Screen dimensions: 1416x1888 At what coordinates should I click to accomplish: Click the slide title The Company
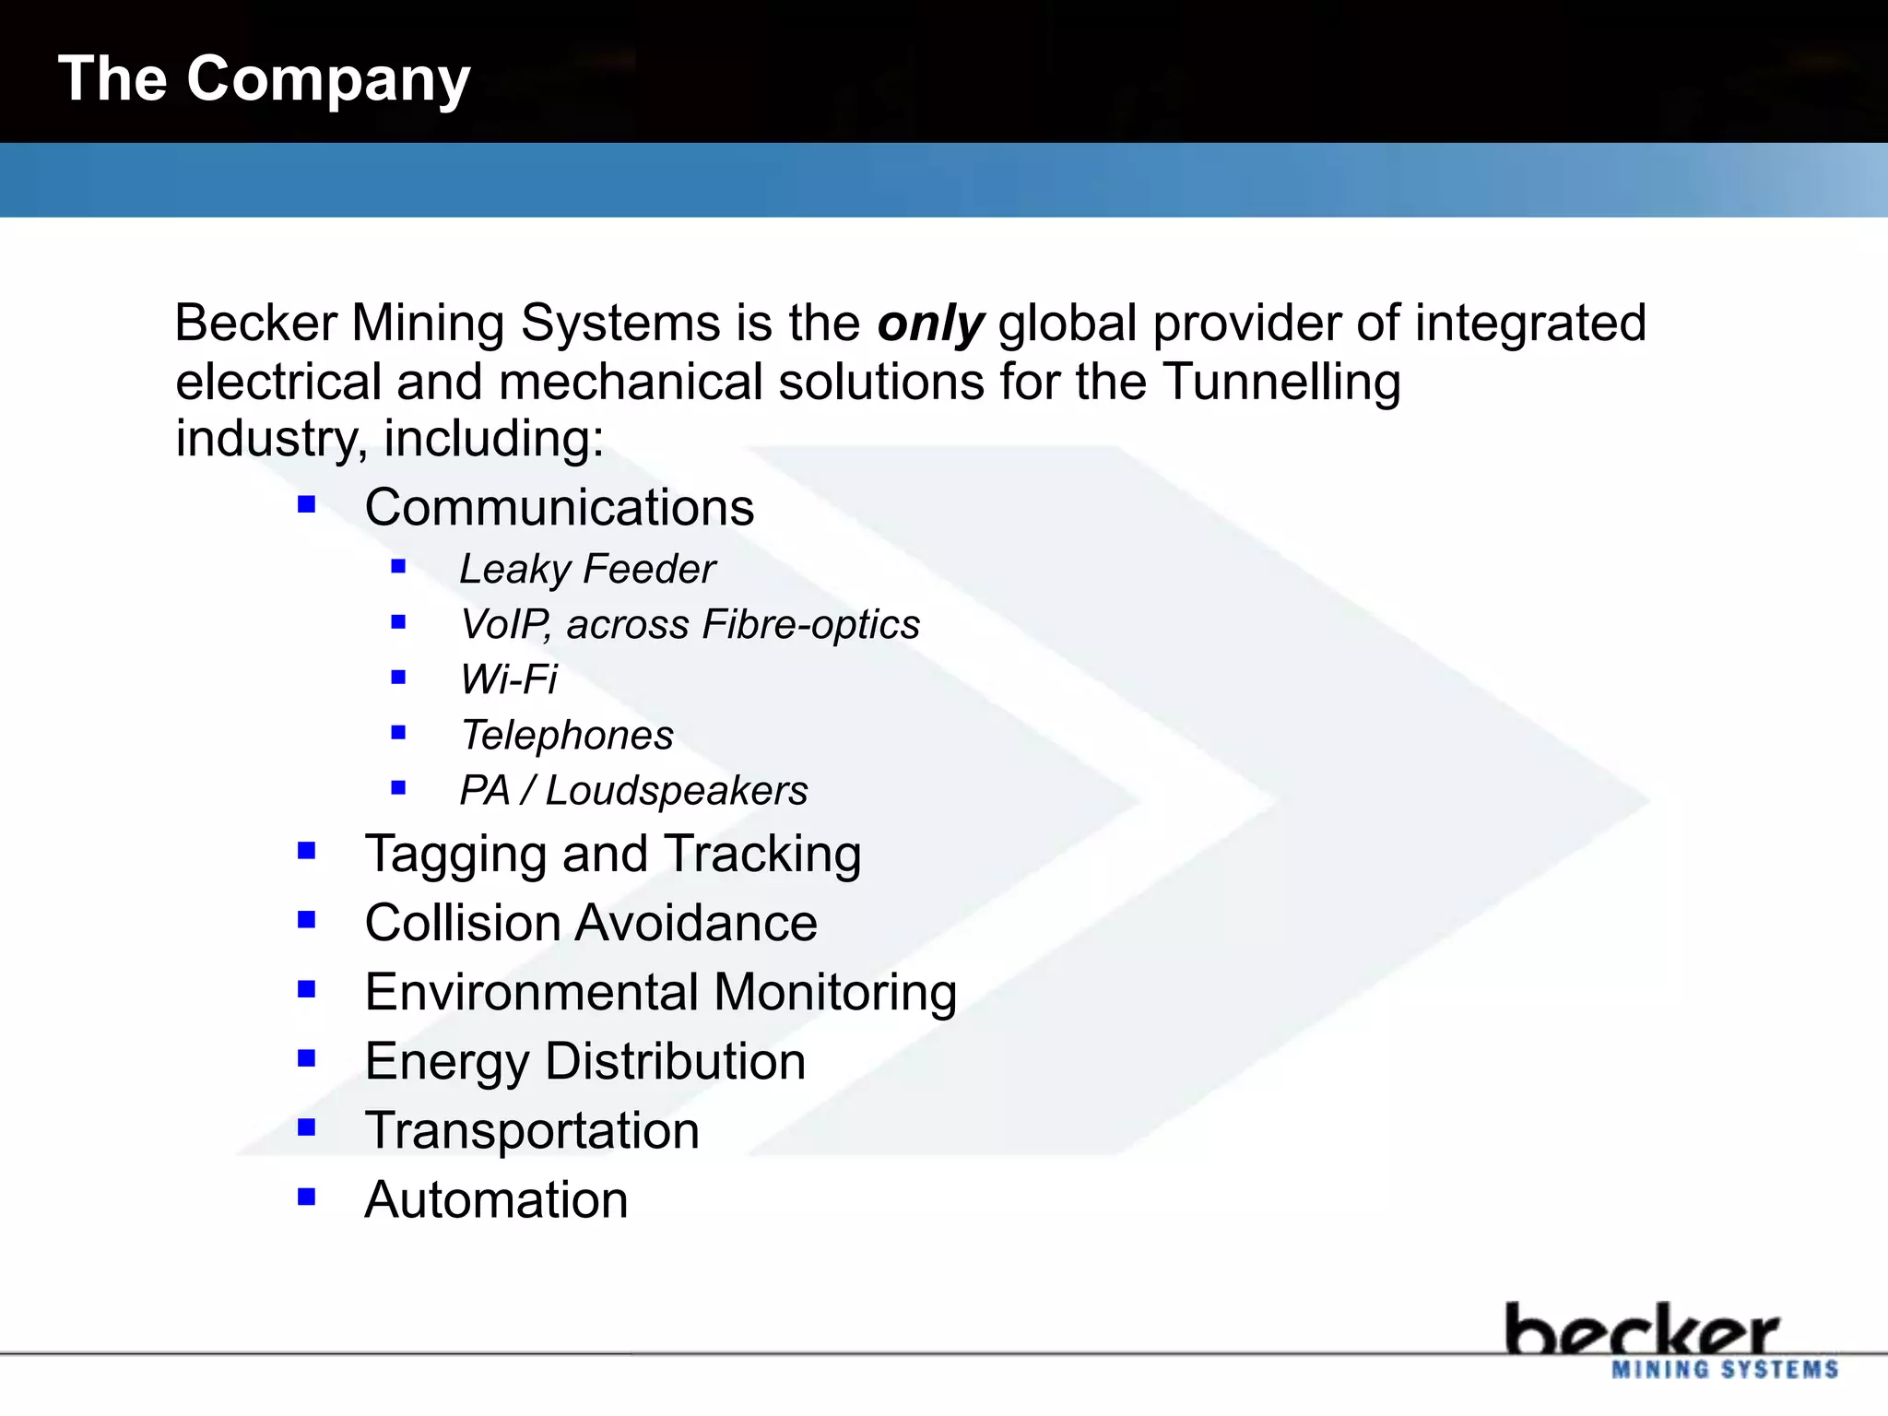264,79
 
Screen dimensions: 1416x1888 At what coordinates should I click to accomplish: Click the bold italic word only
929,324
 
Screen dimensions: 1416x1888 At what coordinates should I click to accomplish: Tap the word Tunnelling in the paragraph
1281,382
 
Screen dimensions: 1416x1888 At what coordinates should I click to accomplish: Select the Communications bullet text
559,508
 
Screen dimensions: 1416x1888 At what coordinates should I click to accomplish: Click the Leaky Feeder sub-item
587,569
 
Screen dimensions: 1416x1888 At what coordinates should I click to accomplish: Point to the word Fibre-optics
810,625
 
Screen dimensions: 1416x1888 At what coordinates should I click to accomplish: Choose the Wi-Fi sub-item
509,680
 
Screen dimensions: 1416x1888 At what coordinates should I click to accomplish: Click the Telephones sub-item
567,736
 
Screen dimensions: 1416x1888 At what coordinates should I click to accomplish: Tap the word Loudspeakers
676,791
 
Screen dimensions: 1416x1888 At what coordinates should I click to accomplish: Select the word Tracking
762,854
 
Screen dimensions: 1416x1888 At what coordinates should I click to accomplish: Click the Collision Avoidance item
591,923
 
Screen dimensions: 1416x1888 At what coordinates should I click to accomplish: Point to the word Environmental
532,993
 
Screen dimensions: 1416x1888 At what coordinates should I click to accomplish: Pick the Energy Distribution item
584,1062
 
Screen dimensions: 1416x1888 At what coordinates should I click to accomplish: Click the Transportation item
532,1131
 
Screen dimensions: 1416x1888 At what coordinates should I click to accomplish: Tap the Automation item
496,1200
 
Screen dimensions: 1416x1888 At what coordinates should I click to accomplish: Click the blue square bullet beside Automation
307,1197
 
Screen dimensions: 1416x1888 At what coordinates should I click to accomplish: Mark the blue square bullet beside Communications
307,504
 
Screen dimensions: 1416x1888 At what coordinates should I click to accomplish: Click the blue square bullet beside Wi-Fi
398,678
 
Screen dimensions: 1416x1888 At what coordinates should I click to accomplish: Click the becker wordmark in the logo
1641,1330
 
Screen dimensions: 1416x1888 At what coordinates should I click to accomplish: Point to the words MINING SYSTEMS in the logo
1725,1370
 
